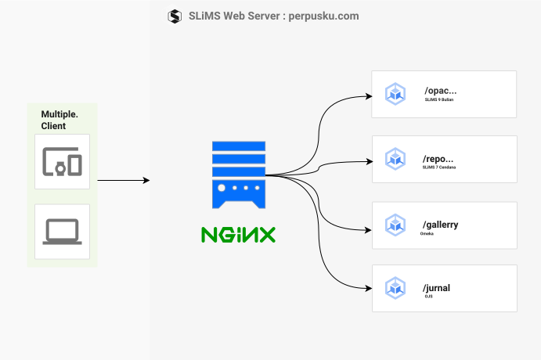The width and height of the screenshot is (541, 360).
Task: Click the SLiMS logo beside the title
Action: pos(175,16)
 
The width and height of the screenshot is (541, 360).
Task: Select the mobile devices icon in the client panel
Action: pos(62,160)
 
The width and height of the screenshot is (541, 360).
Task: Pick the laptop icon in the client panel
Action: pos(62,232)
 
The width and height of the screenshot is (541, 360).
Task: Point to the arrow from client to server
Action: pos(123,181)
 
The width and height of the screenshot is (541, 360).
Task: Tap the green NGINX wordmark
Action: pos(238,234)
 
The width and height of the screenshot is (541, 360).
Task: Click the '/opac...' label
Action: pos(440,90)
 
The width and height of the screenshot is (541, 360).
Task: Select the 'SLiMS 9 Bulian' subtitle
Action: pos(440,101)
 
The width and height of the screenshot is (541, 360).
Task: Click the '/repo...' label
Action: pos(438,157)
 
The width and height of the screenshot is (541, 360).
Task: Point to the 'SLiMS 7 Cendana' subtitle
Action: pos(440,167)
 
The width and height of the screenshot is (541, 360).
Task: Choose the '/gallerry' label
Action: pos(440,225)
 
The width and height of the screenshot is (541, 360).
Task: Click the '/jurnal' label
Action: pos(436,288)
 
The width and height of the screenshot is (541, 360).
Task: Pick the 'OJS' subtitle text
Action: pos(429,297)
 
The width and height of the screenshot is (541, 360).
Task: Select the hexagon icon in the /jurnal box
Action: pos(395,289)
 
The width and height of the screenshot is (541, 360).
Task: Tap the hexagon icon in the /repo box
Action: pos(395,160)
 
